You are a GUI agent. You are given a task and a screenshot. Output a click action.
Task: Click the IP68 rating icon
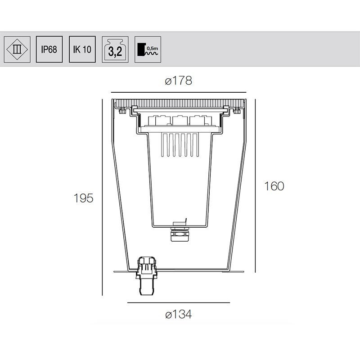click(49, 49)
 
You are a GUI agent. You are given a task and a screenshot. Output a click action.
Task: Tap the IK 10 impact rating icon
click(82, 49)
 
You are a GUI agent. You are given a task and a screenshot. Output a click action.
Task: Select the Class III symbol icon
click(17, 49)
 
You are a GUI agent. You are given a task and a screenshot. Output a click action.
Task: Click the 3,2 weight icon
click(115, 49)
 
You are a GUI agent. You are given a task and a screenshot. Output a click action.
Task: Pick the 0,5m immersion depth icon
click(148, 49)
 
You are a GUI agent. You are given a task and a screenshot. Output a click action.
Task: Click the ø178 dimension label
click(179, 81)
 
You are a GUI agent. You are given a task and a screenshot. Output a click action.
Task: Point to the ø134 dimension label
click(179, 315)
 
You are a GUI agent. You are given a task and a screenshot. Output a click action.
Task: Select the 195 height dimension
click(84, 198)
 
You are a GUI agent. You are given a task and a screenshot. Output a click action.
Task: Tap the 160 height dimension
click(274, 186)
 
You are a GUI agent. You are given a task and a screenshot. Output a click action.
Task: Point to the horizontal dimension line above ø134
click(179, 303)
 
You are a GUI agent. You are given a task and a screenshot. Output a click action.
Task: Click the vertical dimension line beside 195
click(103, 198)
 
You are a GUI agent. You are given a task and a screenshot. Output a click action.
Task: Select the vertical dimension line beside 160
click(256, 186)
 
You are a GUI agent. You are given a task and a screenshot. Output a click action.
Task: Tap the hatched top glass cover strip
click(179, 102)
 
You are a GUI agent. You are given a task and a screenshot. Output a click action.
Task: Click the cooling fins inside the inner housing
click(179, 145)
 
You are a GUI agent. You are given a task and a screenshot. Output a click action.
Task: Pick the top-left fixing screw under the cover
click(121, 110)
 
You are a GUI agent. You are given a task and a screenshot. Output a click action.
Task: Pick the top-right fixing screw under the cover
click(237, 110)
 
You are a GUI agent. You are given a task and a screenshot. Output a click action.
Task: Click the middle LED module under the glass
click(179, 121)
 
